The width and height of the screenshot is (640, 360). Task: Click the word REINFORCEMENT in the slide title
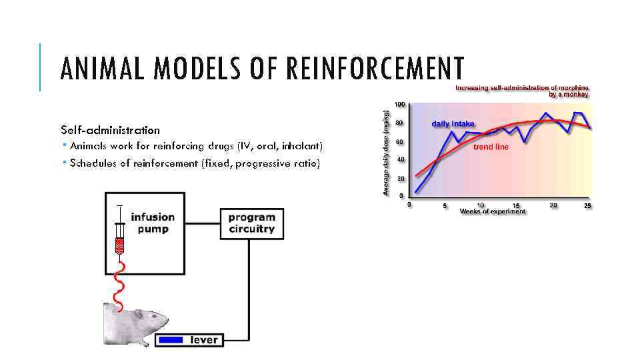pos(373,69)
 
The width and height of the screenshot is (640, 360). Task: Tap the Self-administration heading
pos(110,130)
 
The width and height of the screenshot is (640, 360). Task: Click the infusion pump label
pos(153,223)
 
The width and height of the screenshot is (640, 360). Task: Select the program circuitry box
pos(251,223)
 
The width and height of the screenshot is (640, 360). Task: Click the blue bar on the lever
pos(171,340)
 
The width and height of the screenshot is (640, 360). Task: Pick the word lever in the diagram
pos(204,340)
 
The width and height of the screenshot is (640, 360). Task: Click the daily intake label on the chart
pos(453,124)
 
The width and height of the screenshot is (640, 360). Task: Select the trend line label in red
pos(491,147)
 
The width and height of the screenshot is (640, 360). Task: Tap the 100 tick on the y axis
pos(399,105)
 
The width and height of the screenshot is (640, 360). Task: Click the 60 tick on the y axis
pos(401,141)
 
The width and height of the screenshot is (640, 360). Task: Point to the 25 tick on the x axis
pos(587,205)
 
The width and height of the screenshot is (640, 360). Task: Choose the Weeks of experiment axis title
pos(493,211)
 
